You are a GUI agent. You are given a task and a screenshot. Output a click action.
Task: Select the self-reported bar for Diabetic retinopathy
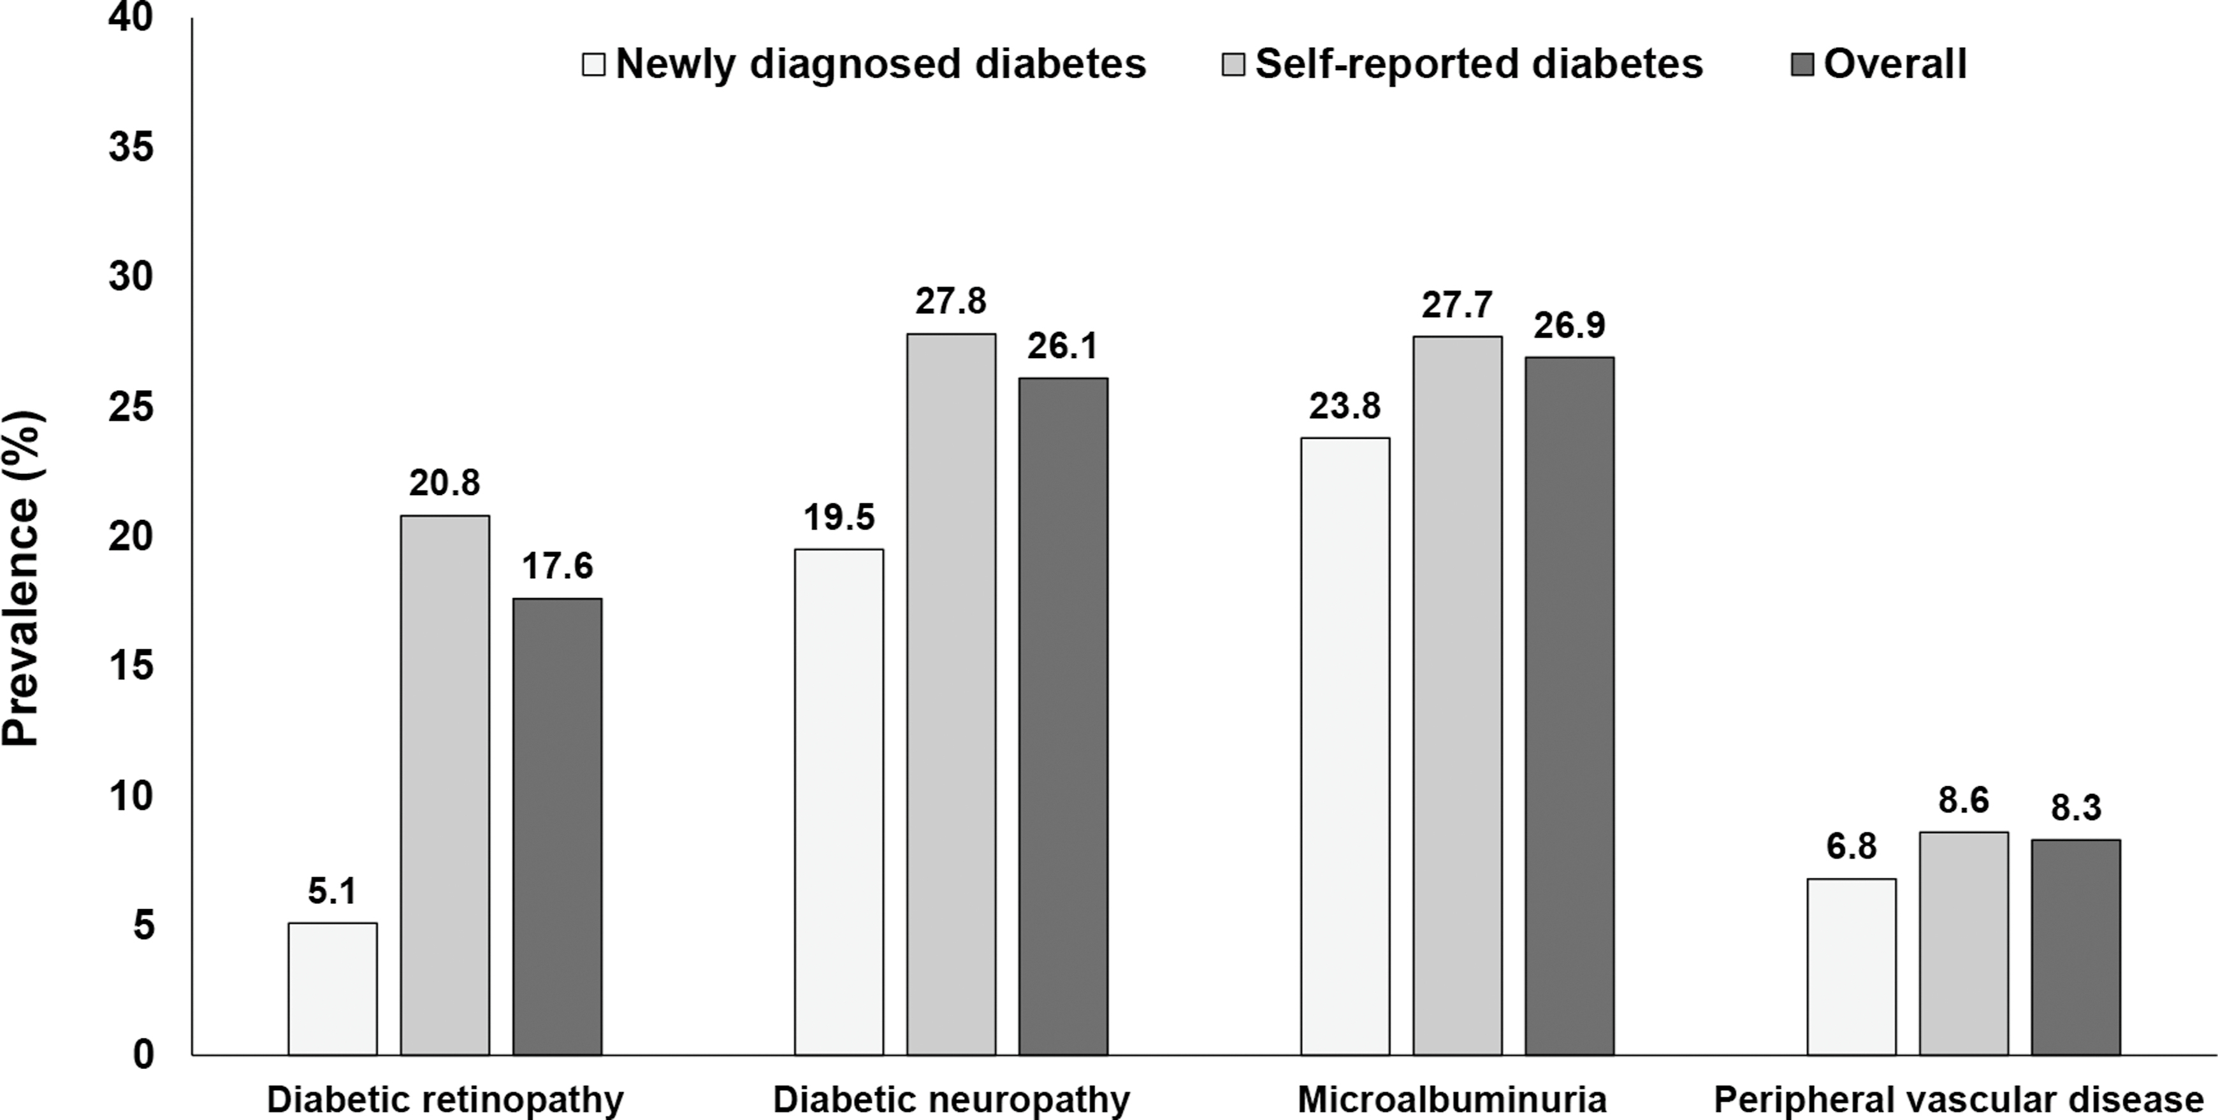tap(445, 784)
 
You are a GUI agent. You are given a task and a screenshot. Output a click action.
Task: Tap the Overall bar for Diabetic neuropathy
tap(1063, 715)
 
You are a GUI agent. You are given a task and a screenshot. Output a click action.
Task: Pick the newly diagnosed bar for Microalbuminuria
tap(1345, 745)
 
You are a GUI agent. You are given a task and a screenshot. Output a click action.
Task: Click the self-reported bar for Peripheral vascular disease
tap(1964, 943)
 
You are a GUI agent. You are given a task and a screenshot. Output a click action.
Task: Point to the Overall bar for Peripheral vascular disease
tap(2076, 947)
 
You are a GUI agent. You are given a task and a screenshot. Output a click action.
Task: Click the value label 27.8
tap(950, 301)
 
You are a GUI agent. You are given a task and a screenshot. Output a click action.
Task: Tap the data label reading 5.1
tap(332, 892)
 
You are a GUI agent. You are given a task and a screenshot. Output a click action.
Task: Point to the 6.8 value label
tap(1852, 847)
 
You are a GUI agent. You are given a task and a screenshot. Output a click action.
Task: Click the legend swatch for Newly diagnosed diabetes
tap(594, 64)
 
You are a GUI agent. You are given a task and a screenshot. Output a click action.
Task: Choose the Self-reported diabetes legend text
tap(1479, 64)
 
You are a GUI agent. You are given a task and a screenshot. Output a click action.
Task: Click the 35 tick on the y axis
tap(131, 147)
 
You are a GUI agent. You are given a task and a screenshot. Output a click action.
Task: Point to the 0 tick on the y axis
tap(143, 1054)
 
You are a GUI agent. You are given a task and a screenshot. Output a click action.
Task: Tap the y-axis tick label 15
tap(131, 666)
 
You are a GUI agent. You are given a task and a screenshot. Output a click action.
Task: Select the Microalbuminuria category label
tap(1452, 1100)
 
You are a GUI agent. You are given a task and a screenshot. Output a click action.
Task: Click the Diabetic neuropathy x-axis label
tap(950, 1100)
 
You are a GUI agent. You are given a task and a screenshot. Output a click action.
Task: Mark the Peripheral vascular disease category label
tap(1958, 1100)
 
